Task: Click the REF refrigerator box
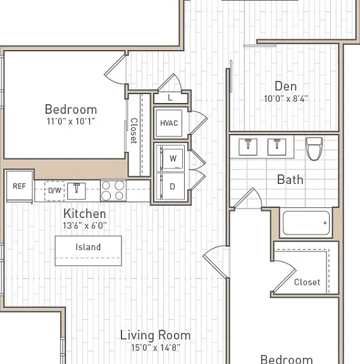20,186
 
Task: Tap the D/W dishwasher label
54,191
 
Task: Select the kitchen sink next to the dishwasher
77,191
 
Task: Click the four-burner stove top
113,191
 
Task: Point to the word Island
88,247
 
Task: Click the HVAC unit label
169,123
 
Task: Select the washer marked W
173,159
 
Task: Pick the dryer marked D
172,186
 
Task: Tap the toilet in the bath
314,149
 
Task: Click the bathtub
306,223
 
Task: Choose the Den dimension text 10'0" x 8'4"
286,99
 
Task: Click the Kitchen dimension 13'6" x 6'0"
85,226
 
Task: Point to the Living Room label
155,335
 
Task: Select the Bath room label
290,179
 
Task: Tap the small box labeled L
170,98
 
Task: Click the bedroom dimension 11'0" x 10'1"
71,121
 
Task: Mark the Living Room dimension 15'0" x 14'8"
156,348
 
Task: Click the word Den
285,86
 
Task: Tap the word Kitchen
85,214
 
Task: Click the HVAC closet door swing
199,122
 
